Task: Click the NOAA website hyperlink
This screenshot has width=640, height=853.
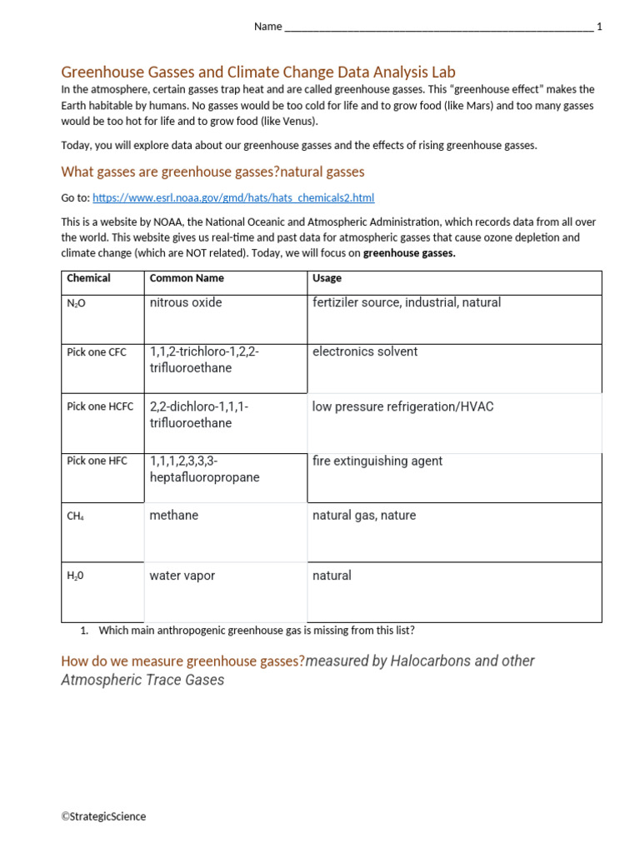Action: click(x=233, y=197)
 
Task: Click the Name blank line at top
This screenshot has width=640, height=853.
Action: click(x=438, y=27)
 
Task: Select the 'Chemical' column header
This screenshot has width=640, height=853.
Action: click(x=88, y=278)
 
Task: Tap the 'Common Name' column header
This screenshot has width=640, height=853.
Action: click(x=187, y=278)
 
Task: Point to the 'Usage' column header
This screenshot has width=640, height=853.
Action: click(x=327, y=278)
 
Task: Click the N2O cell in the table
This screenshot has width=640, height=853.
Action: click(x=76, y=303)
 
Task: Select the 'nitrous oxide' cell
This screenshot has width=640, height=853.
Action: click(x=186, y=302)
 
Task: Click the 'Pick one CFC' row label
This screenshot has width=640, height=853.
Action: click(x=97, y=352)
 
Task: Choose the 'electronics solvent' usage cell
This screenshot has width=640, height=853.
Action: click(x=365, y=352)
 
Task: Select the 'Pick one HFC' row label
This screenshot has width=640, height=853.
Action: click(x=97, y=461)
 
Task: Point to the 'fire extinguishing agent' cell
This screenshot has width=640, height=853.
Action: click(x=377, y=461)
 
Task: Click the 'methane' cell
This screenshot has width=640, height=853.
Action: click(x=174, y=516)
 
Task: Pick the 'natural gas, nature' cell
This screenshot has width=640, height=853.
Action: click(x=364, y=516)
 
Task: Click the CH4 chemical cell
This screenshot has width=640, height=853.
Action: click(x=75, y=516)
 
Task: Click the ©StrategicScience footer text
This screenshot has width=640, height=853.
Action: click(x=103, y=816)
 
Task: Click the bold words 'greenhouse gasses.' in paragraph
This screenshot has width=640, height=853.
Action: click(x=409, y=253)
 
